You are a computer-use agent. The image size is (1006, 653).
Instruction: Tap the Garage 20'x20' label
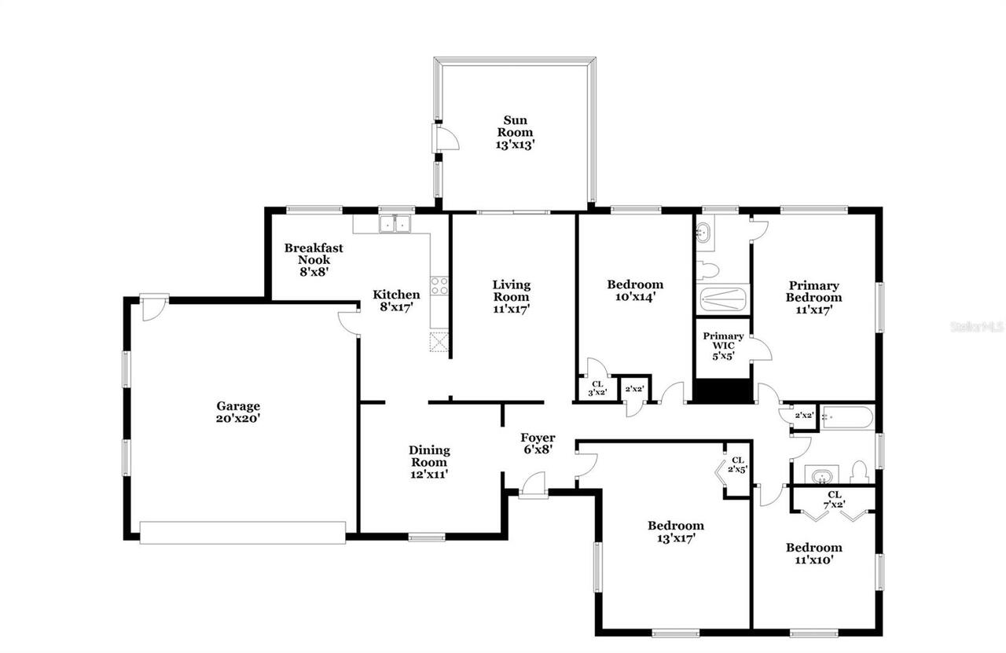tap(238, 413)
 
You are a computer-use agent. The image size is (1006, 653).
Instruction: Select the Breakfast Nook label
tap(314, 259)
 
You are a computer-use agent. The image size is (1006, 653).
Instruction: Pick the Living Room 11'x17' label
tap(512, 296)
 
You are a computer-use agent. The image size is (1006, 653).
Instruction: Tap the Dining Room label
tap(429, 462)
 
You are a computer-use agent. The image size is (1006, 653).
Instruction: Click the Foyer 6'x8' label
tap(538, 444)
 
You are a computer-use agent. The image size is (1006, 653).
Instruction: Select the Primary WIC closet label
tap(723, 347)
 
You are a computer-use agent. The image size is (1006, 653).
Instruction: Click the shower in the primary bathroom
tap(724, 299)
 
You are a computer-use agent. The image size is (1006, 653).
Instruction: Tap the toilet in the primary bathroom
tap(708, 270)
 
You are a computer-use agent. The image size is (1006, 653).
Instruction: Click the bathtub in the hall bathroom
tap(846, 417)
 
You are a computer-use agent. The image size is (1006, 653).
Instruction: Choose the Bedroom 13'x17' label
tap(675, 532)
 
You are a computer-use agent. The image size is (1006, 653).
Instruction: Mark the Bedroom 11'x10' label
tap(813, 553)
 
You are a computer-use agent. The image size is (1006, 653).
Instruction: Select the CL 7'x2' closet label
tap(834, 500)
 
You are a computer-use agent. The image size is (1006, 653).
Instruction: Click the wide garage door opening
tap(242, 533)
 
